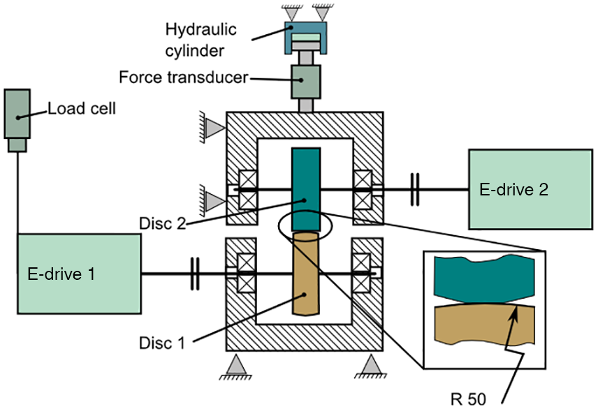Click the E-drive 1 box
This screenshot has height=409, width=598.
coord(78,274)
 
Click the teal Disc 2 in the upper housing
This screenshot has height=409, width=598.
coord(307,188)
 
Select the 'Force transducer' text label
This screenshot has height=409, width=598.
coord(184,77)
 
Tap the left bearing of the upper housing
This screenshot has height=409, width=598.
coord(248,188)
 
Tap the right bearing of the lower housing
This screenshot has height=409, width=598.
coord(363,272)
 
